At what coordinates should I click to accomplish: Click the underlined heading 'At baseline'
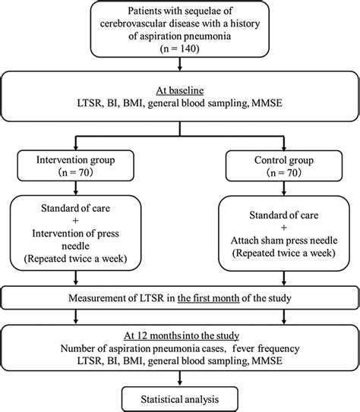click(180, 90)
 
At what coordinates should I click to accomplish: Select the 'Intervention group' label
click(75, 160)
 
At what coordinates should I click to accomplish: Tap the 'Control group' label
click(284, 160)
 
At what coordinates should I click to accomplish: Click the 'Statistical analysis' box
click(180, 399)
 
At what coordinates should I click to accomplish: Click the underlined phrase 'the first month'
click(209, 298)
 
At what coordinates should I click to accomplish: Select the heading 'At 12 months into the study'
click(182, 336)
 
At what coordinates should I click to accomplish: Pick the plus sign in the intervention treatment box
click(75, 221)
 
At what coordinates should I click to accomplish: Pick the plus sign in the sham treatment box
click(284, 228)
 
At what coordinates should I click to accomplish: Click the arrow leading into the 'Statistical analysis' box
click(180, 379)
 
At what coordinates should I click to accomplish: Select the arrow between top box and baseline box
click(180, 64)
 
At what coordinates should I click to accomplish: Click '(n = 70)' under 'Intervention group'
click(75, 173)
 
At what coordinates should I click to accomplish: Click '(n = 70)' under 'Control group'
click(284, 173)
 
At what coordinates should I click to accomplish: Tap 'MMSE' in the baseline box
click(267, 103)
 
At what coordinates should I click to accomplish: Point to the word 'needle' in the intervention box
click(75, 246)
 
